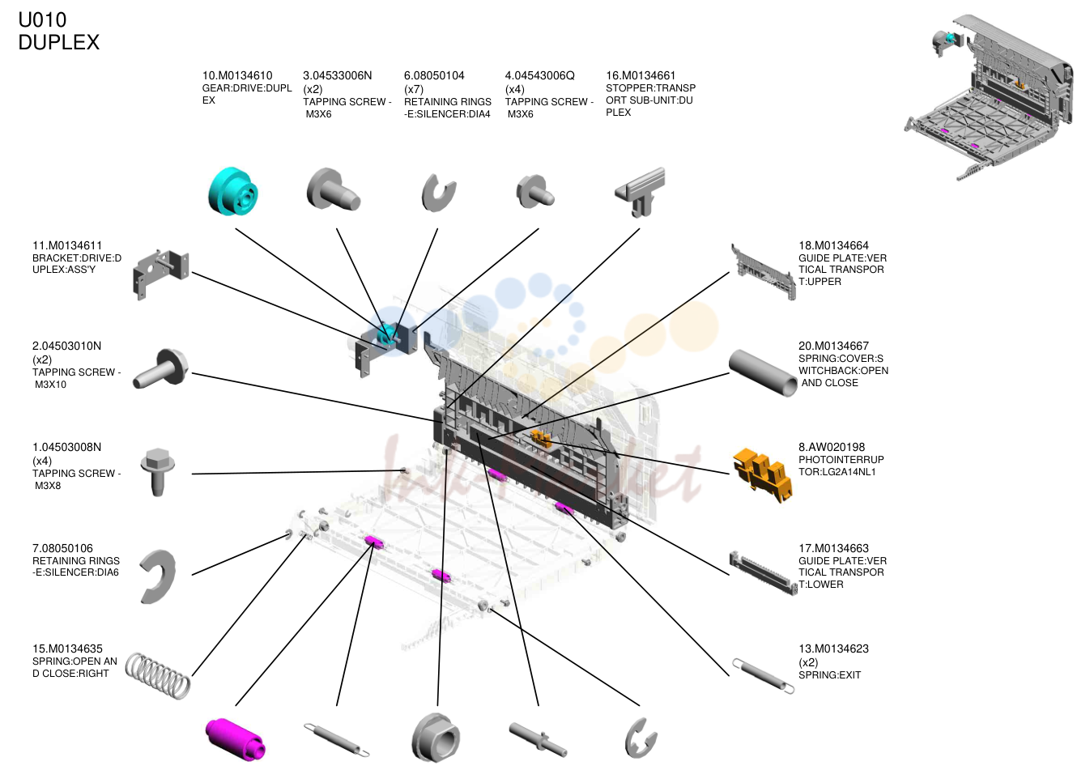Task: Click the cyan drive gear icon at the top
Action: click(233, 191)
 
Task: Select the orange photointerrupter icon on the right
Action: click(763, 474)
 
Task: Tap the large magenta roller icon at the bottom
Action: click(235, 739)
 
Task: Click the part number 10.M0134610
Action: click(237, 75)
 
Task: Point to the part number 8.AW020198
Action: click(832, 447)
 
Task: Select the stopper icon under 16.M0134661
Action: click(640, 192)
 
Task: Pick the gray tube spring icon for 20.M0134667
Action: click(762, 372)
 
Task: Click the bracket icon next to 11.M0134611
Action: click(160, 274)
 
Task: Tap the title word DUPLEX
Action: click(58, 42)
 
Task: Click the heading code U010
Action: click(42, 20)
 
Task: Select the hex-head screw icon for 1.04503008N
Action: click(157, 472)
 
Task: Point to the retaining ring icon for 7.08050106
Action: click(158, 576)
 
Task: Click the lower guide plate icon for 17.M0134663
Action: click(763, 573)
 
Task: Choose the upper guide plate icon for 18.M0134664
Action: click(763, 272)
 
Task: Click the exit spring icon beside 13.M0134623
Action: click(763, 675)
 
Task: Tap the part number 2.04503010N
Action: click(66, 346)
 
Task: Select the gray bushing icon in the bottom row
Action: click(436, 738)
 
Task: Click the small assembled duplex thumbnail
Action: click(989, 97)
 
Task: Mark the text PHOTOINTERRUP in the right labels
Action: click(841, 459)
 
